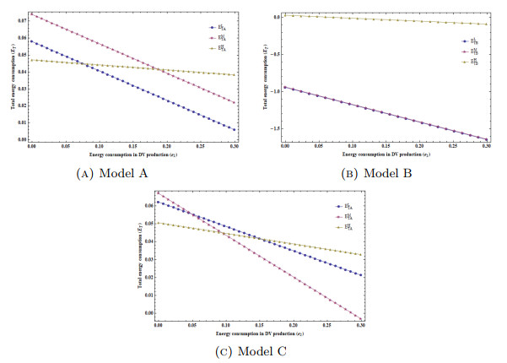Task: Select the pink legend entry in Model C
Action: [347, 217]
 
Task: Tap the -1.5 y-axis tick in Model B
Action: [272, 128]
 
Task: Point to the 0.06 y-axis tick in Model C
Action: [148, 205]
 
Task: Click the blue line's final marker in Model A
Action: [235, 129]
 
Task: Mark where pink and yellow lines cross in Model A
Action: [160, 69]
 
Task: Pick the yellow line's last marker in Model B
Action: [488, 24]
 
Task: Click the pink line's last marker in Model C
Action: [362, 319]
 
